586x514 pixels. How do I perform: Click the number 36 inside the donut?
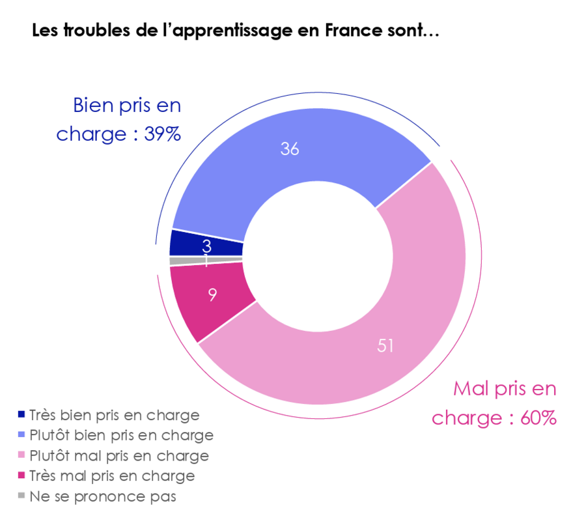tap(290, 149)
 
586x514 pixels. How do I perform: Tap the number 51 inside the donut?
tap(386, 345)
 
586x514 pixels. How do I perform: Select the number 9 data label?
tap(212, 294)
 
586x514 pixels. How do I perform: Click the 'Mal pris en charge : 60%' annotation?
tap(495, 403)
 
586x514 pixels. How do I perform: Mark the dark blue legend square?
tap(21, 414)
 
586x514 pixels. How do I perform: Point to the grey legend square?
tap(21, 496)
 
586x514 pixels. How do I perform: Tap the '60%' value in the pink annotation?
tap(538, 418)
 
